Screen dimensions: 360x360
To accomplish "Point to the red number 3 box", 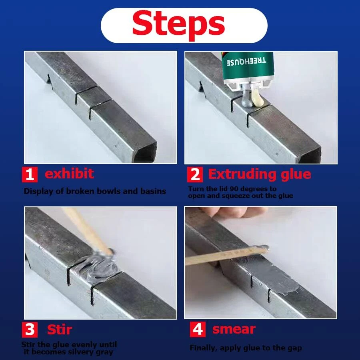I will tap(30, 330).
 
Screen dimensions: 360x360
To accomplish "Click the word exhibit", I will tap(69, 174).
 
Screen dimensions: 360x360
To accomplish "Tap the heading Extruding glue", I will tap(259, 174).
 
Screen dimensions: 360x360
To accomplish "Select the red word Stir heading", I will tap(60, 330).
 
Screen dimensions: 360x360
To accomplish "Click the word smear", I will tap(234, 330).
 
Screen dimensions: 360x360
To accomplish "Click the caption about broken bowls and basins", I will tap(95, 191).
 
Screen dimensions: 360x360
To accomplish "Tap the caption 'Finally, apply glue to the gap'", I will tap(246, 348).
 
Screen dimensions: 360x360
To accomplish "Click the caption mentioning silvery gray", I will tap(69, 348).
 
